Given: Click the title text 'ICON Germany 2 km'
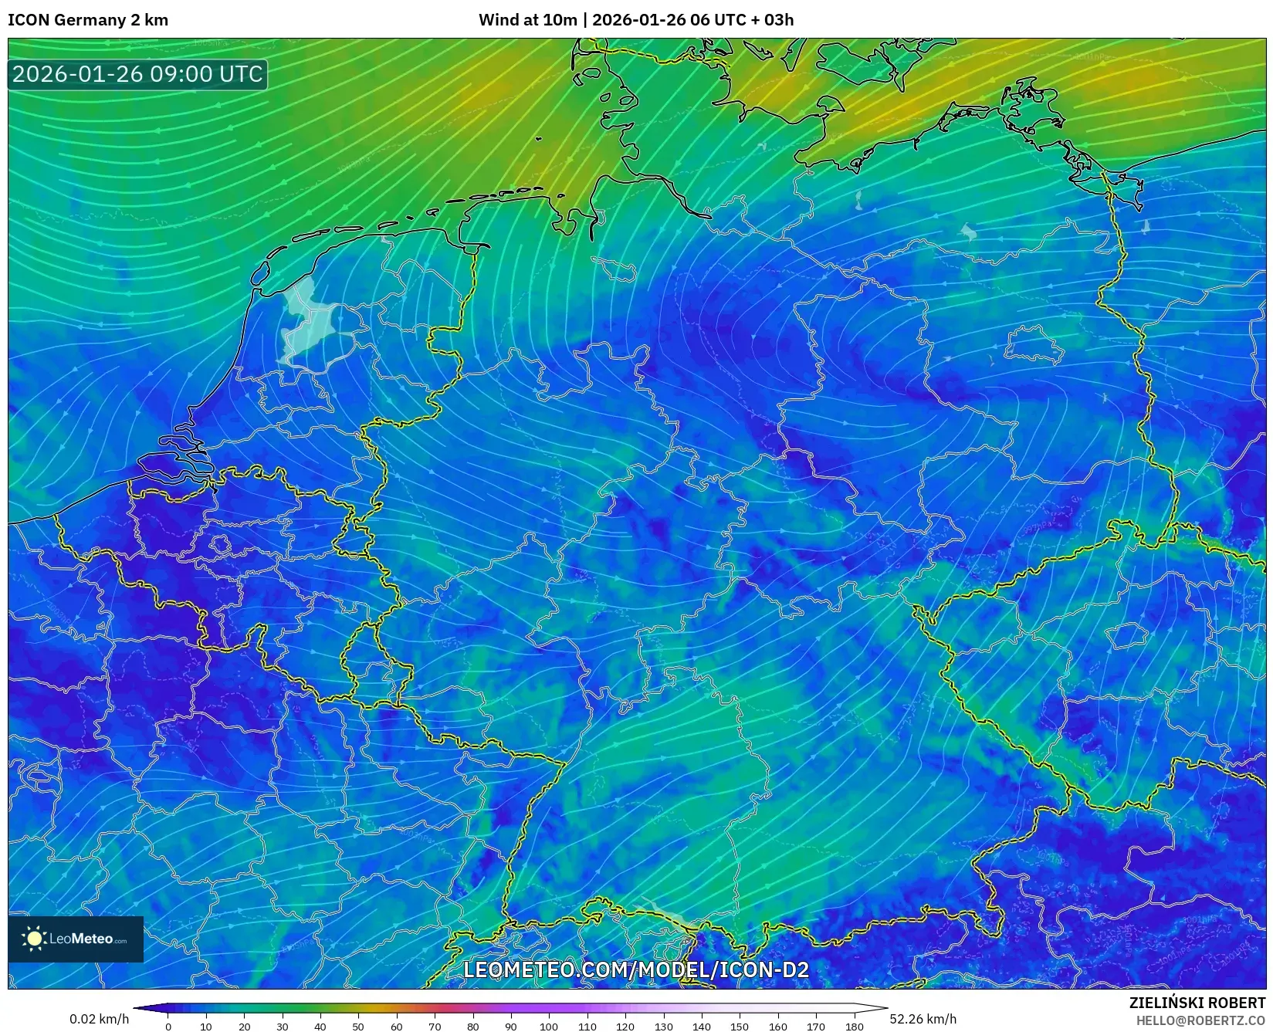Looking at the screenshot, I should [x=88, y=20].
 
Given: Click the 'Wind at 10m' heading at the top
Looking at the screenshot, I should [x=527, y=20].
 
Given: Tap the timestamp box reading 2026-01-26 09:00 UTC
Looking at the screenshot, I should [x=137, y=74].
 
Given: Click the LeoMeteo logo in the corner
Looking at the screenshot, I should [x=76, y=939].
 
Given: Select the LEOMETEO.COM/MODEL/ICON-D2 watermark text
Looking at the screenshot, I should [x=636, y=969].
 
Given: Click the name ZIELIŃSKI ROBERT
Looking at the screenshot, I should [x=1197, y=1003].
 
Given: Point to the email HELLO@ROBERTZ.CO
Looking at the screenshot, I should [x=1200, y=1020].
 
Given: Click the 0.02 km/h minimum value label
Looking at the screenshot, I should [x=99, y=1019].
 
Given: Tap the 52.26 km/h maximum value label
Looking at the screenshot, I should [x=923, y=1019].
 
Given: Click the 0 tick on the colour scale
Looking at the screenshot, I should [x=168, y=1026].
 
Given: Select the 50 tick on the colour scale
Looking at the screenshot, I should [x=358, y=1026].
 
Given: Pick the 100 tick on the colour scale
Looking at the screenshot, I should [x=549, y=1026].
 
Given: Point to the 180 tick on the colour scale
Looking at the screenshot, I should [x=854, y=1026].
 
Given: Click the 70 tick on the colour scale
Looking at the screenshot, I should [x=435, y=1026].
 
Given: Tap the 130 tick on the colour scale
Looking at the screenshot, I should [x=663, y=1026].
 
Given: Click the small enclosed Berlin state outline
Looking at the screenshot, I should [x=1033, y=343].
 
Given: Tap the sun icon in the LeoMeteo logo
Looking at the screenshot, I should [x=34, y=939].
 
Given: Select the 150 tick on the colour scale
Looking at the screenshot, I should [x=740, y=1026].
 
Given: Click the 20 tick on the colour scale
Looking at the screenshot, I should [x=244, y=1026].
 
